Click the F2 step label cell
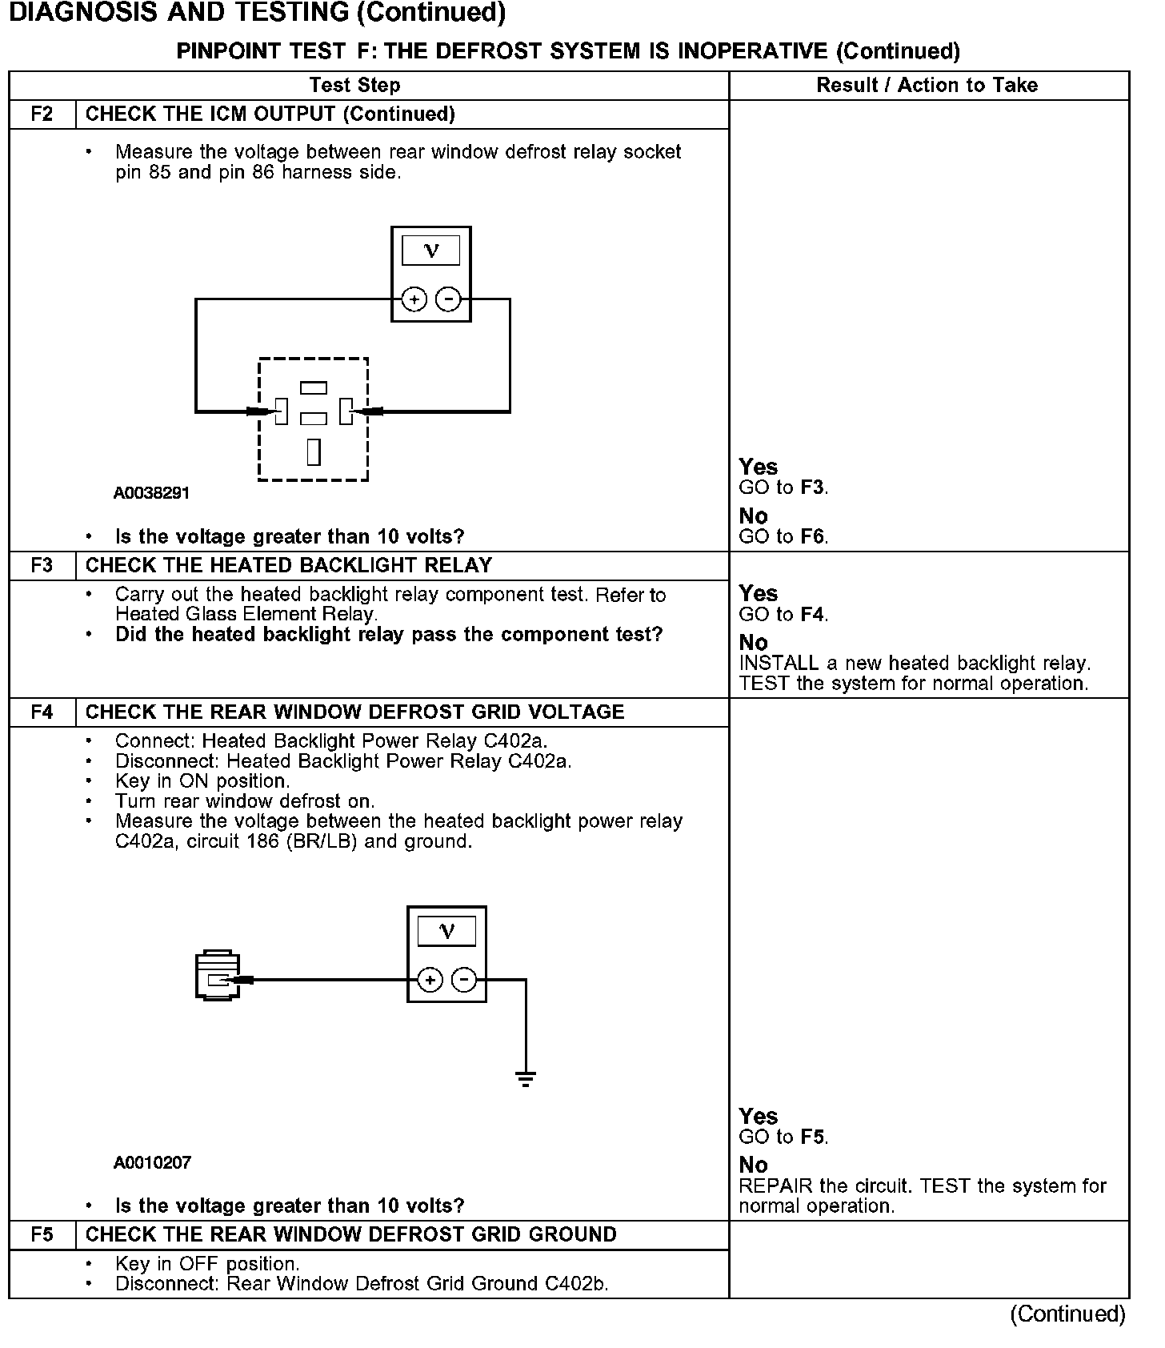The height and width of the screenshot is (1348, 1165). (42, 114)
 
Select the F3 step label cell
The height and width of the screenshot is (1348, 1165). (42, 565)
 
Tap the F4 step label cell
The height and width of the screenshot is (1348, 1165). (42, 712)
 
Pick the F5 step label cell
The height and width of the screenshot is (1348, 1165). (42, 1234)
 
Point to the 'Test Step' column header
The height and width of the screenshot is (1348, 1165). (354, 85)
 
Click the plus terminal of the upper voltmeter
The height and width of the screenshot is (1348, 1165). (414, 299)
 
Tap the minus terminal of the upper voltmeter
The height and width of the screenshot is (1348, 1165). (449, 299)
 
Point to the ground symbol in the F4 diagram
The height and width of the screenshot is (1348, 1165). (526, 1078)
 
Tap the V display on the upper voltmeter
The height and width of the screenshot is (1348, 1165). (431, 251)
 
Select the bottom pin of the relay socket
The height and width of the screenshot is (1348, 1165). (314, 451)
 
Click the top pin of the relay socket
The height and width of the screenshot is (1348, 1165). (314, 388)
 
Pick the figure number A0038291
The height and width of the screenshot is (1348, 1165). (152, 493)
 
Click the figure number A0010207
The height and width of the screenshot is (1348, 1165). (152, 1162)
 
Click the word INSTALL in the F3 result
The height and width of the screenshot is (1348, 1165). (779, 663)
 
